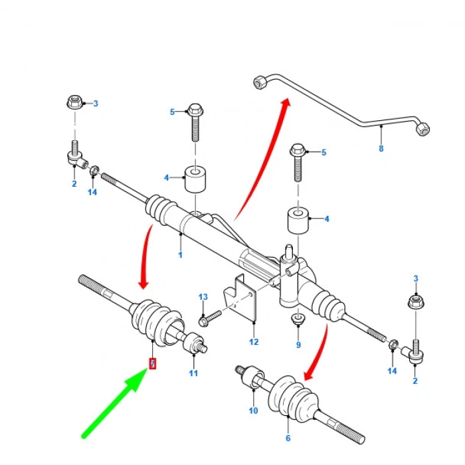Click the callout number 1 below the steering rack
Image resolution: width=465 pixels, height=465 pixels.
pos(180,254)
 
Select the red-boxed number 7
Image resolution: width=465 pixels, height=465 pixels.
pos(153,363)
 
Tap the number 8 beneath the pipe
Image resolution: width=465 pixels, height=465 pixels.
pos(381,148)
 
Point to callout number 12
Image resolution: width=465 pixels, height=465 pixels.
pos(254,341)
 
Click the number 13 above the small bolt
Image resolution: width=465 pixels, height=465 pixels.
pos(203,296)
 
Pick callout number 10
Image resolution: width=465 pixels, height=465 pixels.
pos(253,411)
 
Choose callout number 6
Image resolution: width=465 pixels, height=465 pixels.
pos(288,438)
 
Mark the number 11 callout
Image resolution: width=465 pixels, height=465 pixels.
pos(193,373)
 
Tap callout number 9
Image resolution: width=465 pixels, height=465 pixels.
pos(298,345)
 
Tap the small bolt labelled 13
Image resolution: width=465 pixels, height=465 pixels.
pos(209,318)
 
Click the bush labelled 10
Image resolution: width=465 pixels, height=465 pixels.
pos(249,376)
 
